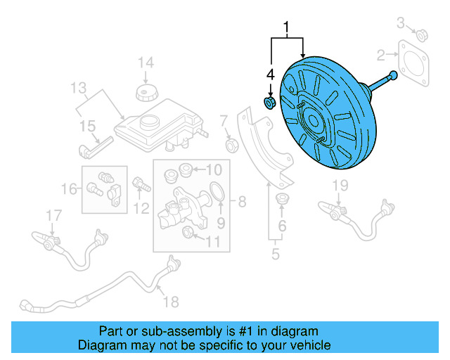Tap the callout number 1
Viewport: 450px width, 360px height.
pos(286,29)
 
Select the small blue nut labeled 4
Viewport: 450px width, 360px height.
pos(269,104)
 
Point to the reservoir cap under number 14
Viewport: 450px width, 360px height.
pos(144,94)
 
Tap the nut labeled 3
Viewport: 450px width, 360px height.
pos(423,34)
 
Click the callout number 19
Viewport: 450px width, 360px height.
pos(340,185)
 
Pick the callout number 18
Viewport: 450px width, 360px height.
pos(171,302)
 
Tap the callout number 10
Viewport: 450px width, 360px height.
pos(213,169)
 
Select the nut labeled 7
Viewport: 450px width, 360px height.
pos(229,146)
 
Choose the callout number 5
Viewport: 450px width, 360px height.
pos(276,253)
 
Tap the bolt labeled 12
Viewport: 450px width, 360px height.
pos(140,186)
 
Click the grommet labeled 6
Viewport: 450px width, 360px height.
pos(283,198)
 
